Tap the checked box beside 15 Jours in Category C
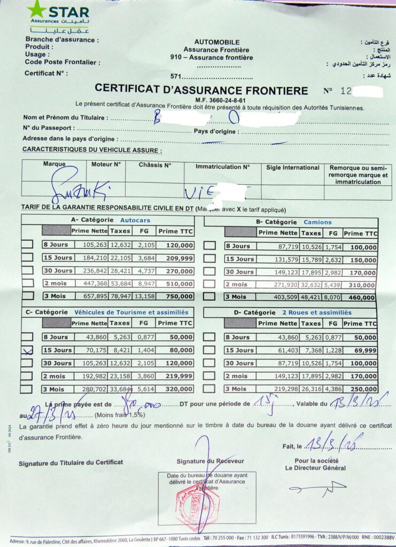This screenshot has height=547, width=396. [27, 350]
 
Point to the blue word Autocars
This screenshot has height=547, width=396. [135, 220]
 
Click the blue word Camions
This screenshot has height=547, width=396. [317, 222]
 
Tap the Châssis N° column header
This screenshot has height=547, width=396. [155, 165]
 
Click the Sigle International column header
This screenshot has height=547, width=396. [292, 167]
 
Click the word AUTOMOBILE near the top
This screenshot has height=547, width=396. [217, 42]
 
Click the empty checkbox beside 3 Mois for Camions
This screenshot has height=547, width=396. [210, 296]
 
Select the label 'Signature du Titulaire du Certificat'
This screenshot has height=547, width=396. [71, 463]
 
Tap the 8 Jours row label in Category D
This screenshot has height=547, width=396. [237, 337]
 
